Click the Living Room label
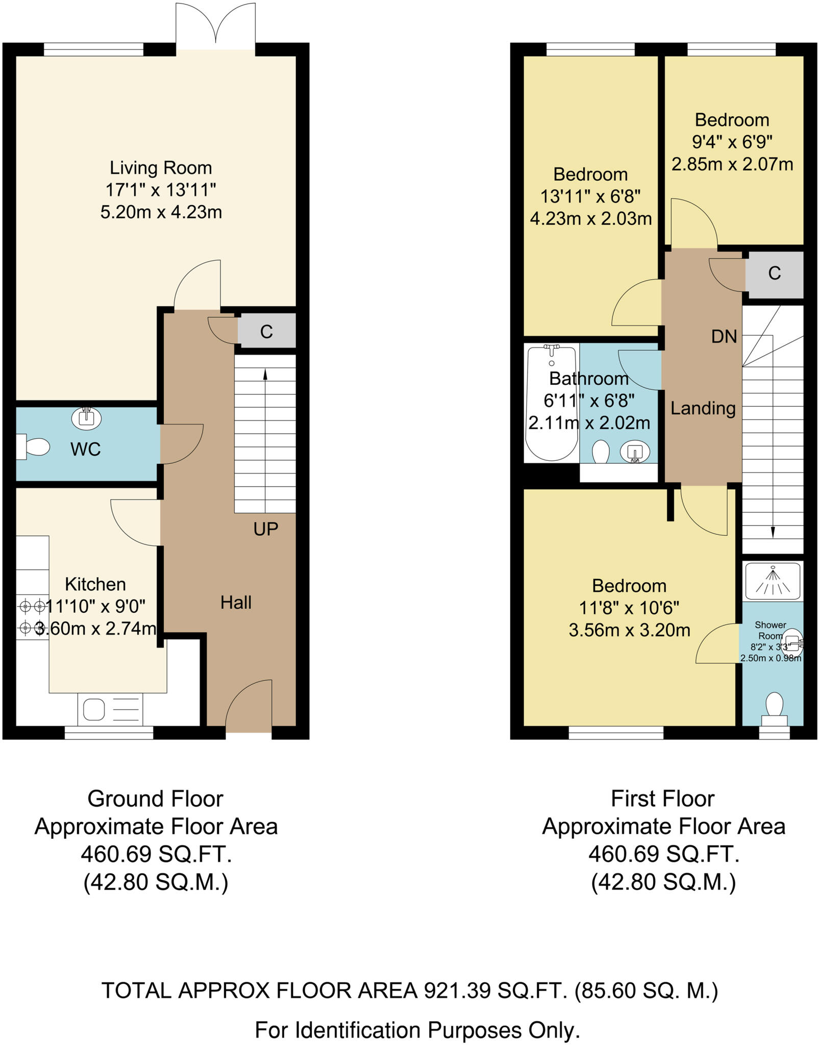(x=161, y=168)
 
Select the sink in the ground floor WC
(x=86, y=418)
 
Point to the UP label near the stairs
(x=266, y=530)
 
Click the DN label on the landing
(x=724, y=337)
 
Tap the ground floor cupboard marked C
(x=266, y=332)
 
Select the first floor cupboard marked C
(x=774, y=274)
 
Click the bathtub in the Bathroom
(x=551, y=403)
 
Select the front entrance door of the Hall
(x=249, y=707)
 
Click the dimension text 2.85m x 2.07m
(x=732, y=164)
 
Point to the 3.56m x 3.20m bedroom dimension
(x=629, y=630)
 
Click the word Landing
(x=703, y=408)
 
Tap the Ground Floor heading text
(x=155, y=799)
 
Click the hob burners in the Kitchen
(x=32, y=617)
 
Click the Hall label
(x=236, y=603)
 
